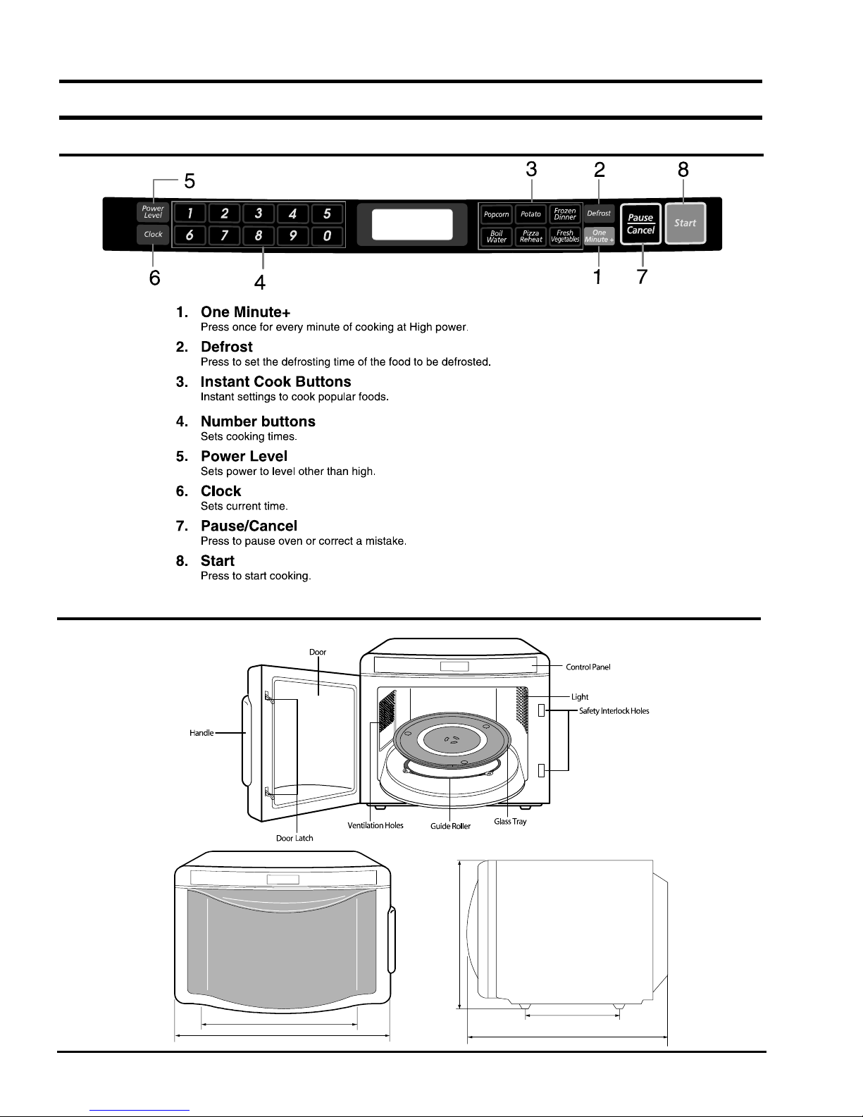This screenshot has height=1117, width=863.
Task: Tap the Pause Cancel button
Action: (x=640, y=223)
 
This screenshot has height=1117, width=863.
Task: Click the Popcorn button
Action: (x=496, y=214)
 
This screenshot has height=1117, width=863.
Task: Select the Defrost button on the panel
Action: (x=599, y=214)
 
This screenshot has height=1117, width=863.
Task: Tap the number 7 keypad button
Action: (x=224, y=235)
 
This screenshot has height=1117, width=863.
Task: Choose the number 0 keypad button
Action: (x=327, y=236)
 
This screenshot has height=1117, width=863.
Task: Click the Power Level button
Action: (x=153, y=212)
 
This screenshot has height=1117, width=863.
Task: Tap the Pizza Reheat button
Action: (x=530, y=237)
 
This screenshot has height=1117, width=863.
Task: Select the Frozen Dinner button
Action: (x=565, y=214)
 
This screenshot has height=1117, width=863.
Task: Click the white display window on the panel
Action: (x=412, y=224)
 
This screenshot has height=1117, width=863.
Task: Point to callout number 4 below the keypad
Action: (x=260, y=282)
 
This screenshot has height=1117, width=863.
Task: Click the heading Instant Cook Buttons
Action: (x=276, y=381)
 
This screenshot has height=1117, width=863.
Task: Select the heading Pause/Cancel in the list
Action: (x=249, y=526)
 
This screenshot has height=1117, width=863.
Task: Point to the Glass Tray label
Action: (x=510, y=822)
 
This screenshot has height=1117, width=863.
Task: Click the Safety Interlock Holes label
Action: (x=614, y=711)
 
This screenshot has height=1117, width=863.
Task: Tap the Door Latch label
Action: (x=294, y=838)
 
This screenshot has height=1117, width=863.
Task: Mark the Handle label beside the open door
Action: (x=201, y=732)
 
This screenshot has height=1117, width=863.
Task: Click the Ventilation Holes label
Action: (x=375, y=825)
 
